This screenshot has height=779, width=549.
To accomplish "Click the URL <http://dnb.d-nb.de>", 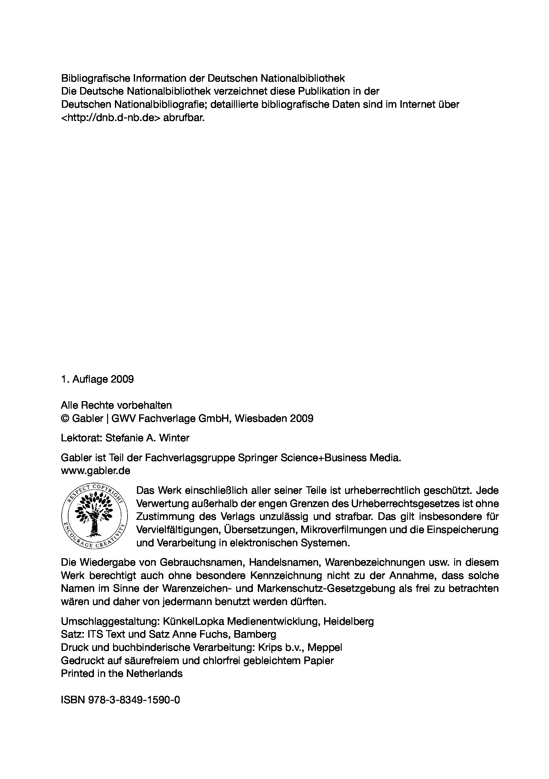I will coord(111,117).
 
